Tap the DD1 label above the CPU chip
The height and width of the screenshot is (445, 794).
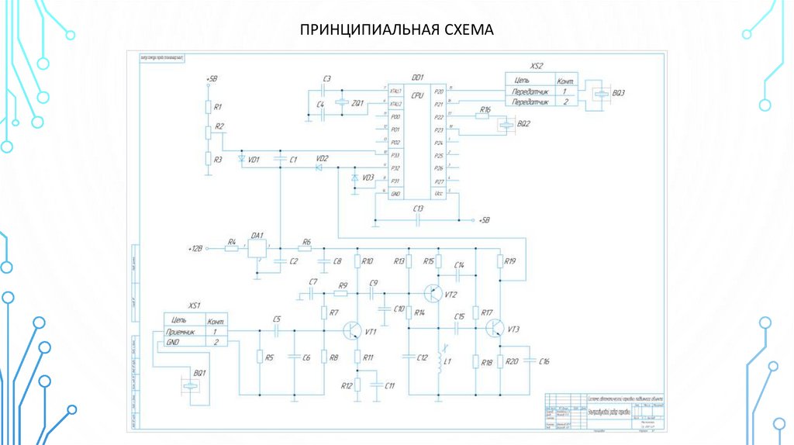click(417, 78)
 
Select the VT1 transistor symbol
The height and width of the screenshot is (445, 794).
click(354, 331)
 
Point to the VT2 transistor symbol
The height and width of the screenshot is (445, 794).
click(432, 293)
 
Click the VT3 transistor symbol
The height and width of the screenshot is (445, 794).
click(495, 329)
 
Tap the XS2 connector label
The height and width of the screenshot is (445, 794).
click(536, 67)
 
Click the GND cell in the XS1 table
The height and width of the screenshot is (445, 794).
click(178, 342)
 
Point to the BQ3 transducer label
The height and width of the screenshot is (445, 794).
click(618, 93)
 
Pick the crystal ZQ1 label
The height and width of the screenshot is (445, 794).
click(357, 103)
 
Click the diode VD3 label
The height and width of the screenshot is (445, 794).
click(368, 178)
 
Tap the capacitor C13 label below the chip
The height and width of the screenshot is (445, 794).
click(418, 209)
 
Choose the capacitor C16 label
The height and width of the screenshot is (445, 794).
click(544, 362)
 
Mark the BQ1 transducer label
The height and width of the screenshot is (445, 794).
click(201, 373)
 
